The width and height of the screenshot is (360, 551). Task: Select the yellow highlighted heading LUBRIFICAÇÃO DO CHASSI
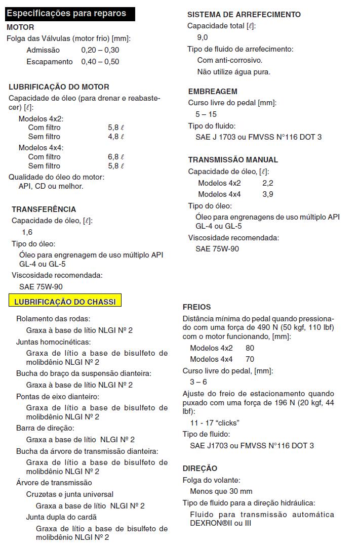(65, 302)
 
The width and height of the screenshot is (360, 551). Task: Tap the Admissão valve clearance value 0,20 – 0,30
(100, 50)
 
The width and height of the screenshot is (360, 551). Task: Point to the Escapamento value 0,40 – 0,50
(100, 62)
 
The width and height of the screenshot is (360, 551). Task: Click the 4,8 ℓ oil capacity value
(116, 137)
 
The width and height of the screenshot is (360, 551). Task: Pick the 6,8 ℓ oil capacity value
(116, 157)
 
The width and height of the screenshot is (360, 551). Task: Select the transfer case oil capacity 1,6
(27, 232)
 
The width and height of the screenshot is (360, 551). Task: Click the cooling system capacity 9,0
(203, 37)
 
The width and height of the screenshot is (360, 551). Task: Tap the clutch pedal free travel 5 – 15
(206, 114)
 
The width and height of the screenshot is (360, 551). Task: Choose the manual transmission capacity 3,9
(268, 194)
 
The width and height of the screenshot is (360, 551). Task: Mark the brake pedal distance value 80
(250, 348)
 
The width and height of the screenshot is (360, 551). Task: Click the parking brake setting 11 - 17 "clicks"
(215, 422)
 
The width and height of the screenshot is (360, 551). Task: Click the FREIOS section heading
(196, 307)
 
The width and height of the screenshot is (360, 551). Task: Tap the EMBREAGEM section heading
(213, 92)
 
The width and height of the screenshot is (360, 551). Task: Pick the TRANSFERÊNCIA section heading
(44, 209)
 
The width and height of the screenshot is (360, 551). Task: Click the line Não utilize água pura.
(233, 72)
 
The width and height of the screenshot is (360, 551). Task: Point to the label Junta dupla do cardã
(61, 517)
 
